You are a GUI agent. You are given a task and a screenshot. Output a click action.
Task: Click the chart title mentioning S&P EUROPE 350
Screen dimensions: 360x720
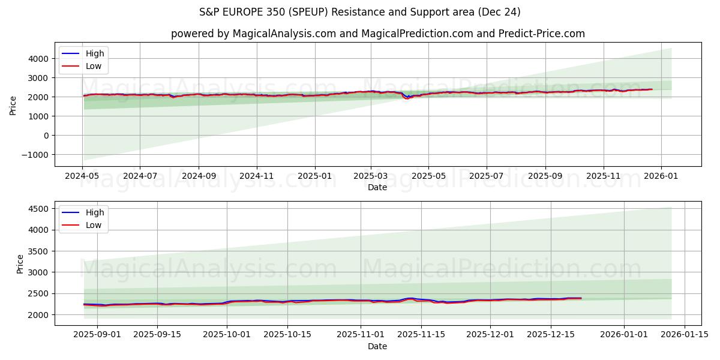point(360,12)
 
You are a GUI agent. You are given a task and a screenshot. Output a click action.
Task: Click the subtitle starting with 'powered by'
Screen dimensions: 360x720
point(378,34)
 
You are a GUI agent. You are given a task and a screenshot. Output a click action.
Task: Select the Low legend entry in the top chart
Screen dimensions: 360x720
point(94,66)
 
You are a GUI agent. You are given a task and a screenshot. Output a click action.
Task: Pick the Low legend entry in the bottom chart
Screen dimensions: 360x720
point(94,225)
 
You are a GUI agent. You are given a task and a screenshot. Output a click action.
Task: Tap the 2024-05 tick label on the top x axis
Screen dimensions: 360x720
point(82,176)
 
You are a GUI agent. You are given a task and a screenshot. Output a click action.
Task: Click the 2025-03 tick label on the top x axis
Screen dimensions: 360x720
point(371,176)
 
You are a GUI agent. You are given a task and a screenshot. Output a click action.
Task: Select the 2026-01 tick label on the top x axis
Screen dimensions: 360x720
point(661,176)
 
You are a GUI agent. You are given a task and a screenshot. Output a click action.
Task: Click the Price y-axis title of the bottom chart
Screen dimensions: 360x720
point(20,264)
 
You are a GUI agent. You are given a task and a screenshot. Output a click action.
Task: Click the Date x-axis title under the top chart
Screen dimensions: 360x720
point(377,187)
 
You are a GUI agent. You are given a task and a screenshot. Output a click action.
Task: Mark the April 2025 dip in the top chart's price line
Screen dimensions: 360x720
point(407,98)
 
